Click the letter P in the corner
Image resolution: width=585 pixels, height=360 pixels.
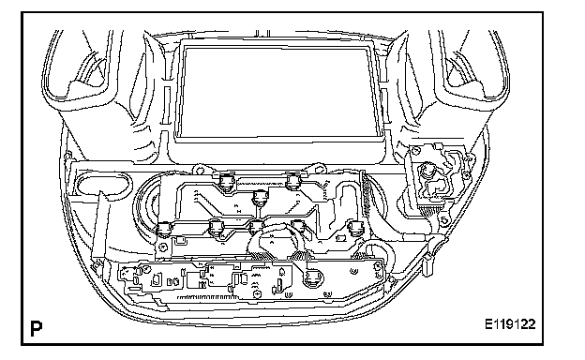(x=37, y=328)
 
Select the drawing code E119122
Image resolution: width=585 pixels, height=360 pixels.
(x=510, y=323)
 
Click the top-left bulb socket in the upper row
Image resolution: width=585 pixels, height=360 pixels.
(x=226, y=183)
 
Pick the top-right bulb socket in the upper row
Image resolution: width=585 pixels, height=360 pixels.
(x=293, y=182)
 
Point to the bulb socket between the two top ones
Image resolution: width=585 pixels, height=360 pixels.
(x=260, y=198)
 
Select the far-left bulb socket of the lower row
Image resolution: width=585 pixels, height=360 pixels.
(x=164, y=229)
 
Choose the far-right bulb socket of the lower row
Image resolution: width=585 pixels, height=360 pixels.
(x=354, y=228)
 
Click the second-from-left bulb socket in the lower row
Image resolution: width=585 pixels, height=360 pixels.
(x=216, y=228)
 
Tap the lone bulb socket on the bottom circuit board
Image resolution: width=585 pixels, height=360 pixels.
(x=313, y=277)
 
